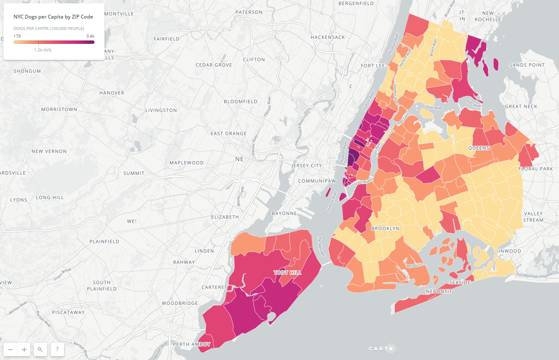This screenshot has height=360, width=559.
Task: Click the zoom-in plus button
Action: [24, 349]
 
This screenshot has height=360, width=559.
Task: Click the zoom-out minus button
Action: [10, 349]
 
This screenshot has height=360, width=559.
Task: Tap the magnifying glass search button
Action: [40, 349]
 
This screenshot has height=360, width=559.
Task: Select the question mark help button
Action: [57, 349]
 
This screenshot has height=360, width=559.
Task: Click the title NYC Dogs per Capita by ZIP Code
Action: [53, 17]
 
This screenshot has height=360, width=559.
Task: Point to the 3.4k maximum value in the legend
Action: [90, 36]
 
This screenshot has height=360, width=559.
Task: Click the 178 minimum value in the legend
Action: [17, 36]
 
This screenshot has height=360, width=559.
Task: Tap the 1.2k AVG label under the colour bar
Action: [43, 50]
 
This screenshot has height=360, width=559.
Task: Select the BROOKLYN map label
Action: [385, 228]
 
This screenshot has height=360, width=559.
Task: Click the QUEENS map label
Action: [478, 148]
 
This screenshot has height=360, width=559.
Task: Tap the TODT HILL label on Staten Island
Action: [288, 273]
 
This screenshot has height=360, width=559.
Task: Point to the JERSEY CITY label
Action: [306, 166]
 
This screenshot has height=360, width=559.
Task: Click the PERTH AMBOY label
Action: [192, 344]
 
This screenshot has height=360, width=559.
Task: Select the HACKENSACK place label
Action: [328, 37]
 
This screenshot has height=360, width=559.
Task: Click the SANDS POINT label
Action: [527, 65]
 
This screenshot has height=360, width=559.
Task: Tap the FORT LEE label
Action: [373, 66]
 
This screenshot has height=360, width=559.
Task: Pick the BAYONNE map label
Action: [284, 213]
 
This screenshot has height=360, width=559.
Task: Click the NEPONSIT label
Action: [439, 291]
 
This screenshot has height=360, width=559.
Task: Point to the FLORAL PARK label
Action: [535, 169]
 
